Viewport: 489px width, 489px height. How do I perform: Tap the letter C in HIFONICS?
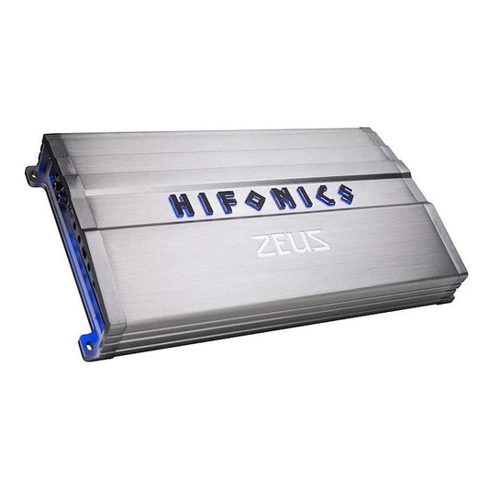tap(323, 194)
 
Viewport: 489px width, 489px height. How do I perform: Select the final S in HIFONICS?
tap(344, 193)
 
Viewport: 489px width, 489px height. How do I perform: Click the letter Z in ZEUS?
tap(263, 245)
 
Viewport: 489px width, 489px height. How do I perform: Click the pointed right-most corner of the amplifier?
tap(465, 273)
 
